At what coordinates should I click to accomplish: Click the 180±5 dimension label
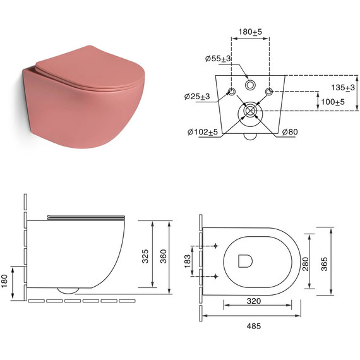(250, 32)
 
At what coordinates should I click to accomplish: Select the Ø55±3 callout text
(218, 59)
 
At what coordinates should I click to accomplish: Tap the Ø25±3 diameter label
(197, 97)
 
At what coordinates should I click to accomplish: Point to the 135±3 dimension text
(343, 87)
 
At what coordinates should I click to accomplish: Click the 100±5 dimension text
(333, 102)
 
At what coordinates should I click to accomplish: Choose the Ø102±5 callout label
(203, 132)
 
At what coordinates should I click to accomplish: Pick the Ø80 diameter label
(290, 132)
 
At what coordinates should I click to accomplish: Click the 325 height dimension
(145, 256)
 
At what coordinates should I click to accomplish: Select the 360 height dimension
(163, 256)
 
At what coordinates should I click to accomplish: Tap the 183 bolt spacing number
(188, 261)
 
